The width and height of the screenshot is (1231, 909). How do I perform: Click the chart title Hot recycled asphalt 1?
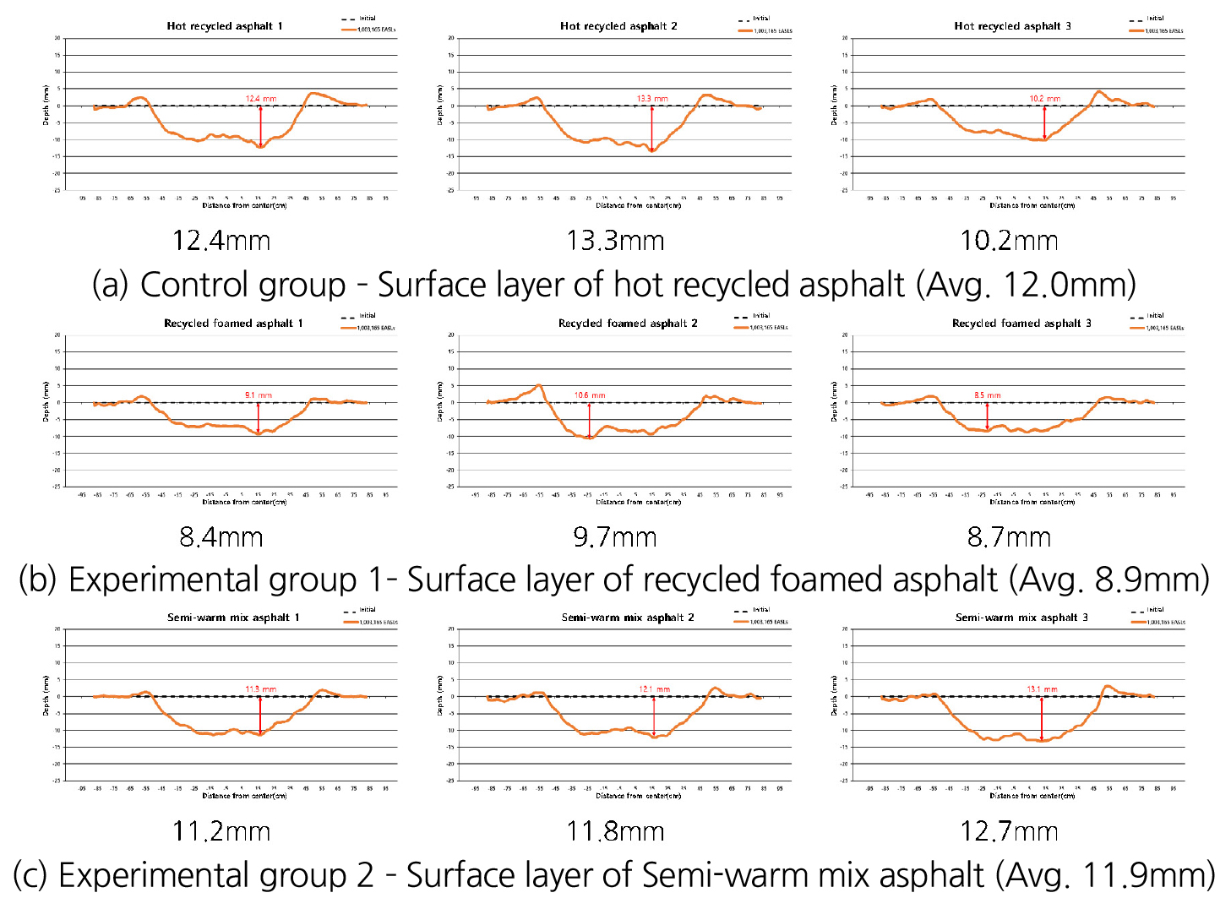[225, 26]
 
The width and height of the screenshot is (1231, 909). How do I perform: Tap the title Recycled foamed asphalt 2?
[628, 324]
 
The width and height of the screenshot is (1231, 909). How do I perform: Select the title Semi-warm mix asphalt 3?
[1021, 618]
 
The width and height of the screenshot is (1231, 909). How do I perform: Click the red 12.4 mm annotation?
[261, 99]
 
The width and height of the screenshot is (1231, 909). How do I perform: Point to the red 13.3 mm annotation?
[652, 99]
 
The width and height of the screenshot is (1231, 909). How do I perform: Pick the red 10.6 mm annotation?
[590, 395]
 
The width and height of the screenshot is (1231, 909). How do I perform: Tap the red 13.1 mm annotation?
[1042, 689]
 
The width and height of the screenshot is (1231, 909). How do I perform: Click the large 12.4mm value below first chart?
[221, 241]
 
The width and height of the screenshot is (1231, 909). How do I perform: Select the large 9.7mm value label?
[615, 537]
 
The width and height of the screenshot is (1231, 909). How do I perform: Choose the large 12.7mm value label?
[1009, 832]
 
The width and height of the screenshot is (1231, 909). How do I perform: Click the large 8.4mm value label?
[221, 537]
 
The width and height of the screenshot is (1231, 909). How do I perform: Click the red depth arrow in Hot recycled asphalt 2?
[652, 128]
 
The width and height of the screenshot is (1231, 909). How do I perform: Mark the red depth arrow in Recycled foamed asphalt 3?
[987, 416]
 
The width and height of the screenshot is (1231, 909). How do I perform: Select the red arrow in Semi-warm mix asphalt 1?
[260, 715]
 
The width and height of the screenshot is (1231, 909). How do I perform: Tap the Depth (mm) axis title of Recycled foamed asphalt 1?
[46, 401]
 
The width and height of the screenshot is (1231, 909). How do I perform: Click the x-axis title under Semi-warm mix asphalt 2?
[638, 796]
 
